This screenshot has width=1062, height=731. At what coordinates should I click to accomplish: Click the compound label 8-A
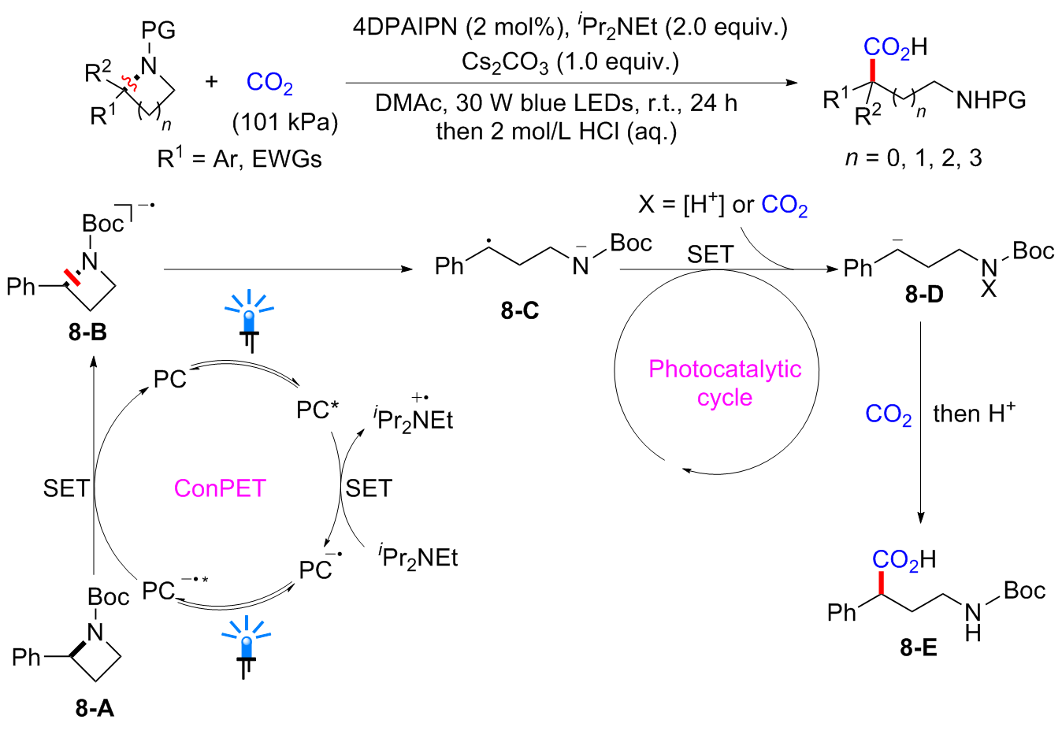(95, 708)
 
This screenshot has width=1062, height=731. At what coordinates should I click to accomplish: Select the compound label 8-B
(87, 332)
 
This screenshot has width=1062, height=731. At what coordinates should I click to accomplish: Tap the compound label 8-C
(520, 310)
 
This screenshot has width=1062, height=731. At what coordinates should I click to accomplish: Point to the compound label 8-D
(924, 295)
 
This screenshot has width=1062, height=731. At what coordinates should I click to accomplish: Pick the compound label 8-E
(919, 647)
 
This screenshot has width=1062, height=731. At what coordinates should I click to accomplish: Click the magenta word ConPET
(220, 488)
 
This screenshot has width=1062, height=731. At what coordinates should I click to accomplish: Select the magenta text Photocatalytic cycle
(725, 383)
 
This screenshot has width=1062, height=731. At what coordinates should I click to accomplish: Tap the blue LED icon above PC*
(249, 319)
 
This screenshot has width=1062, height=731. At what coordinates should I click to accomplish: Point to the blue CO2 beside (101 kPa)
(269, 83)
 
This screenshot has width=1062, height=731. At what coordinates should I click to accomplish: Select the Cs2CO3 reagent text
(505, 62)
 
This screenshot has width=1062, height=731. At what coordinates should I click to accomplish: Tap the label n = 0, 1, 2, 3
(913, 158)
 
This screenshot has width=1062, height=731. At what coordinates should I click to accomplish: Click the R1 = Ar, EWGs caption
(240, 158)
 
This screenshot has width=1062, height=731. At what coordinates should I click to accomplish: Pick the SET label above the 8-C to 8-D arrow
(710, 254)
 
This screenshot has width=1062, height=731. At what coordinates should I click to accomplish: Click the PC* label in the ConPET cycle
(317, 410)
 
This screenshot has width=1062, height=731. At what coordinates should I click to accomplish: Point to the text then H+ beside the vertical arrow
(974, 413)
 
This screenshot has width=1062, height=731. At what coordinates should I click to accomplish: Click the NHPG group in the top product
(990, 100)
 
